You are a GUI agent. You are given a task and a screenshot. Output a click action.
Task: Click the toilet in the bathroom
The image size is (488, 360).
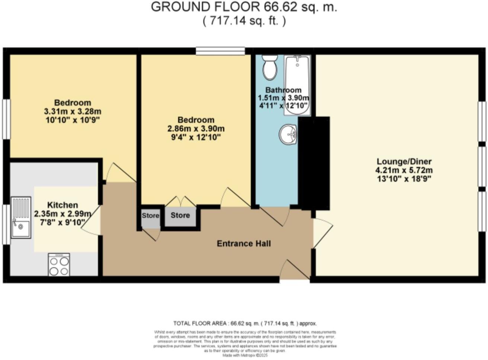[x=269, y=67]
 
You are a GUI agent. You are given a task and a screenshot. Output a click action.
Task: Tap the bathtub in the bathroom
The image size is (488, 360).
[x=296, y=86]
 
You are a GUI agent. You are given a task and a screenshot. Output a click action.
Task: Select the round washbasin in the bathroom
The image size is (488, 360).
[x=288, y=134]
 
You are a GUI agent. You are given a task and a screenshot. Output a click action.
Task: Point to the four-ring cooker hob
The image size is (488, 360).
[x=59, y=265]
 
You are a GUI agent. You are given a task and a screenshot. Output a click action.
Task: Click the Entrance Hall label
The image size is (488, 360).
[x=244, y=244]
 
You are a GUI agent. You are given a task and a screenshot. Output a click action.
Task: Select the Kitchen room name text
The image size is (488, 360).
[x=62, y=205]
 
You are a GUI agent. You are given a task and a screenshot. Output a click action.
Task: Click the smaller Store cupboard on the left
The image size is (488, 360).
[x=150, y=216]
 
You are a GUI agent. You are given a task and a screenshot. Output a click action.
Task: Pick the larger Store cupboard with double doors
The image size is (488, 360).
[x=180, y=215]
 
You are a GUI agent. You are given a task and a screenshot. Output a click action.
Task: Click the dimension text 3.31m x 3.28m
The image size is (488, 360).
[x=73, y=111]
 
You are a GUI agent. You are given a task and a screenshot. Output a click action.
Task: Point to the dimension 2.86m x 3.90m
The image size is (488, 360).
[x=196, y=129]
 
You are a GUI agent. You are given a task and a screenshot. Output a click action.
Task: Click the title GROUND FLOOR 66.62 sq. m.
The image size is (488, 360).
[x=244, y=7]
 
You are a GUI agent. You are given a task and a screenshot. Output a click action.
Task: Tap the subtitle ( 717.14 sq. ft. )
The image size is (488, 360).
[x=244, y=21]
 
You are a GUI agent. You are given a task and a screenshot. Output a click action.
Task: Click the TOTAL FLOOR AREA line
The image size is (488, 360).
[x=245, y=324]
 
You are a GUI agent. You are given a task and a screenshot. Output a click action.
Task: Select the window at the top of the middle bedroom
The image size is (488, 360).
[x=221, y=51]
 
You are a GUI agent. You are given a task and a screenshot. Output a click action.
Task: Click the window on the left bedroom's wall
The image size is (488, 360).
[x=6, y=119]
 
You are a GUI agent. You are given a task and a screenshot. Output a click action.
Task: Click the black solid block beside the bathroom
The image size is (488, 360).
[x=315, y=163]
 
